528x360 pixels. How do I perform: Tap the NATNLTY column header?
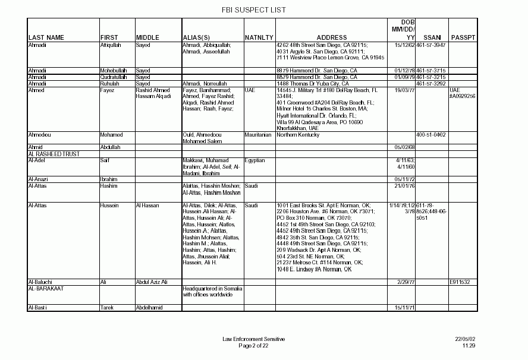[259, 38]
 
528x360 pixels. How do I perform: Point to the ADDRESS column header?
[331, 38]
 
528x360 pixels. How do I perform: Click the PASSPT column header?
[463, 38]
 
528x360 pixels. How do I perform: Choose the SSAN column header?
[432, 38]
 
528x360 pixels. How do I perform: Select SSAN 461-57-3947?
[432, 45]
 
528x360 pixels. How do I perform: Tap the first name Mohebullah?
[114, 71]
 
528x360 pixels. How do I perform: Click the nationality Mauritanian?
[258, 135]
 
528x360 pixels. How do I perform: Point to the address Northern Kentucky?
[298, 135]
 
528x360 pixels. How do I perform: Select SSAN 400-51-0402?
[432, 135]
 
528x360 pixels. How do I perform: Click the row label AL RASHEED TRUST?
[54, 154]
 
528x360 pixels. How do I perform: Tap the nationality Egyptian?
[254, 160]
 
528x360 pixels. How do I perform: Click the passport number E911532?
[460, 282]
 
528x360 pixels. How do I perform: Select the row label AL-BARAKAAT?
[46, 289]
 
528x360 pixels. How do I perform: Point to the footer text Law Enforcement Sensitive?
[254, 339]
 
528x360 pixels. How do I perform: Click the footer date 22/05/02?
[466, 339]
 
